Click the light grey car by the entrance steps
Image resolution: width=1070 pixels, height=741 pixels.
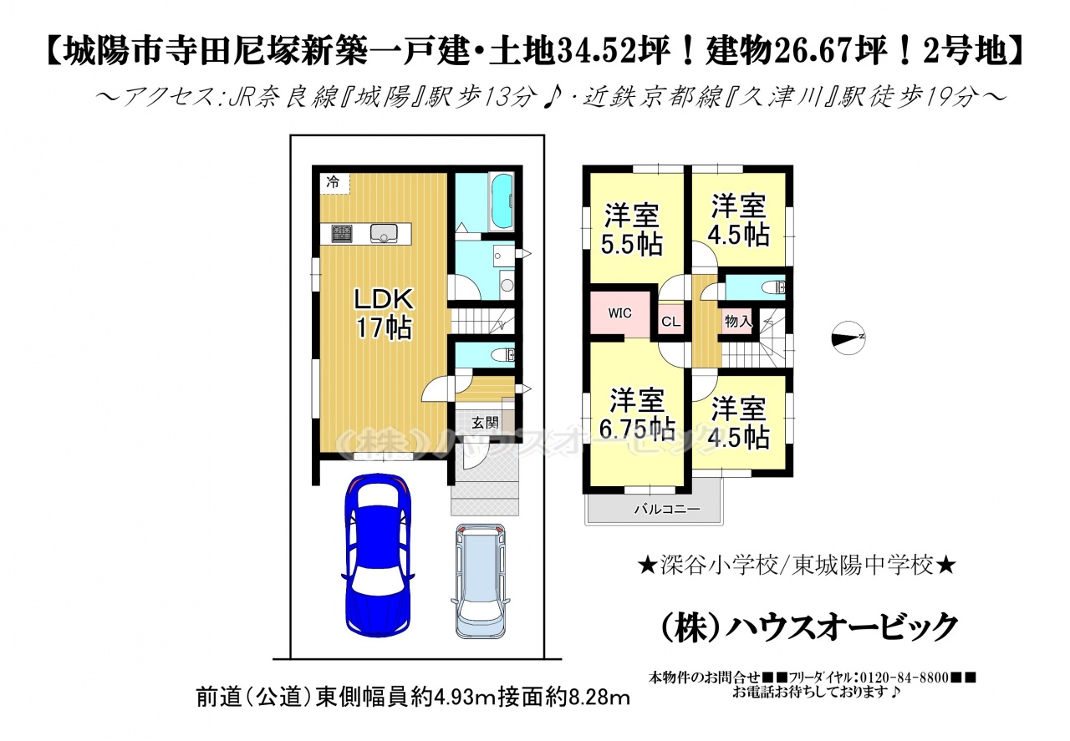point(480,581)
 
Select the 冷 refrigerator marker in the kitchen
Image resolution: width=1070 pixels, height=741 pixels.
point(333,181)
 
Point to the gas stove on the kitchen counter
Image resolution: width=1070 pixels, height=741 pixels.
point(342,232)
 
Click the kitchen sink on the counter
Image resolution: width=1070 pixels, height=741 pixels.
point(384,233)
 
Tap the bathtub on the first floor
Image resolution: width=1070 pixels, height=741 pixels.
point(502,202)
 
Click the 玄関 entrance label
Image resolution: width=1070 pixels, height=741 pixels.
point(486,422)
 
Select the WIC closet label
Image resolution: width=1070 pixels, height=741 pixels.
point(620,313)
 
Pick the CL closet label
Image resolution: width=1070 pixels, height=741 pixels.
point(671,322)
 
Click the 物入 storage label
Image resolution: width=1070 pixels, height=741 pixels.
point(738,322)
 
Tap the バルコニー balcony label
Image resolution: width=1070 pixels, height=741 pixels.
point(667,510)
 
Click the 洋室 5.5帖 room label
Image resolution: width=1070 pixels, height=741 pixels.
point(631,230)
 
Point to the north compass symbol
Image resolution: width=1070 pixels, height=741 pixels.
point(848,338)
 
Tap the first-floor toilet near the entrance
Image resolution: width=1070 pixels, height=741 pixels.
point(503,355)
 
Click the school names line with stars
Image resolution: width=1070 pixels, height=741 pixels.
point(797,566)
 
